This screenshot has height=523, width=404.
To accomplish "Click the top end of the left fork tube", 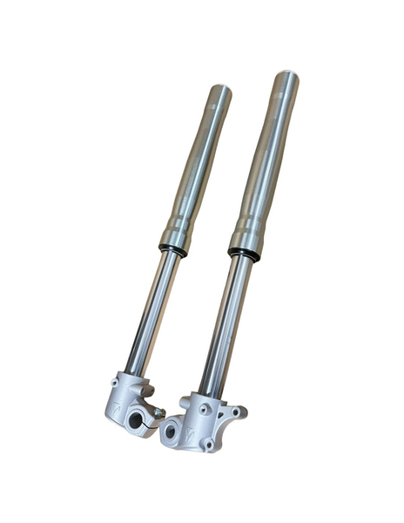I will point(220,92).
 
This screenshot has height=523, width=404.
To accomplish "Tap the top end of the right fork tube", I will point(286,80).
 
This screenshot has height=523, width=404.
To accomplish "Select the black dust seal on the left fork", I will point(172,249).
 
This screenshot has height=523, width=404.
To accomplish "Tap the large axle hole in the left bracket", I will point(138,420).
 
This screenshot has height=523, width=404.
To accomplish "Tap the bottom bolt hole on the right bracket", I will point(209,445).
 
